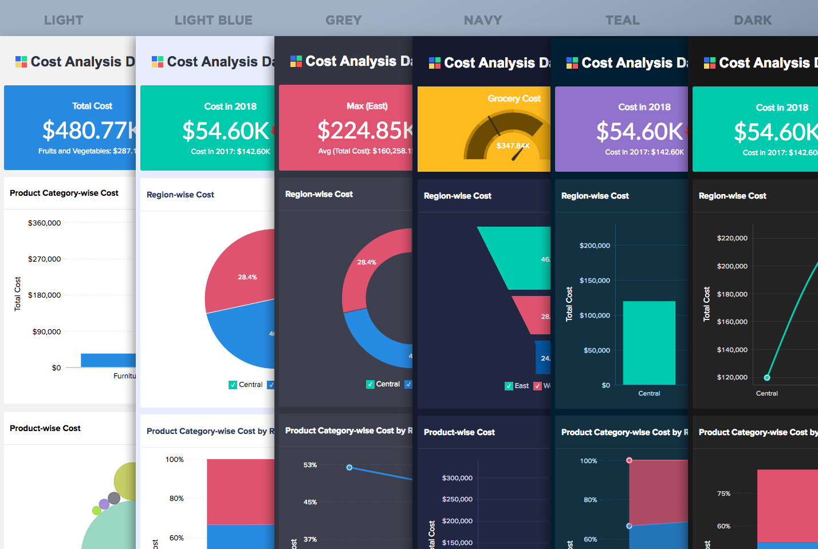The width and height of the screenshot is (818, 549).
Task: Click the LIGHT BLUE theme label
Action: coord(213,21)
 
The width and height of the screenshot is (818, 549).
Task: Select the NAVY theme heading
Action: coord(483,21)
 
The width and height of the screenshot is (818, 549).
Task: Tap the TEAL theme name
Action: coord(623,21)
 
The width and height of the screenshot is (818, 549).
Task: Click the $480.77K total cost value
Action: coord(89,131)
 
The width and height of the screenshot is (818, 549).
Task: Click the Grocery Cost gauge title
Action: coord(514,98)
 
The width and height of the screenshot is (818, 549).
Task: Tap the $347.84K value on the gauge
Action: coord(513,145)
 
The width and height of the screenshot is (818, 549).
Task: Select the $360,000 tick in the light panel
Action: coord(44,223)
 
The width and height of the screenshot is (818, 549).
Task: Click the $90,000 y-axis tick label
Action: coord(46,331)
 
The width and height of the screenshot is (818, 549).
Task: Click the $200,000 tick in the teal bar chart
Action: coord(595,246)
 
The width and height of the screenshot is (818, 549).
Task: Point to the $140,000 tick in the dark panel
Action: coord(732,349)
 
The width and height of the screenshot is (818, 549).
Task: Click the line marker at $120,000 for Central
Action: coord(767,377)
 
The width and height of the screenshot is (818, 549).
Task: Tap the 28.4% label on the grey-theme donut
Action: coord(367,262)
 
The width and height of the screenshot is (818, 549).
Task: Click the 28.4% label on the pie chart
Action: coord(247,277)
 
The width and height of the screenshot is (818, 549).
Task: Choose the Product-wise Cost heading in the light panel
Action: coord(45,428)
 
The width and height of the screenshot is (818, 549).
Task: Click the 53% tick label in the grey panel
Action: coord(310,465)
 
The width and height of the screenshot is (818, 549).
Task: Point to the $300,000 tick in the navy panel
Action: coord(457,478)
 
